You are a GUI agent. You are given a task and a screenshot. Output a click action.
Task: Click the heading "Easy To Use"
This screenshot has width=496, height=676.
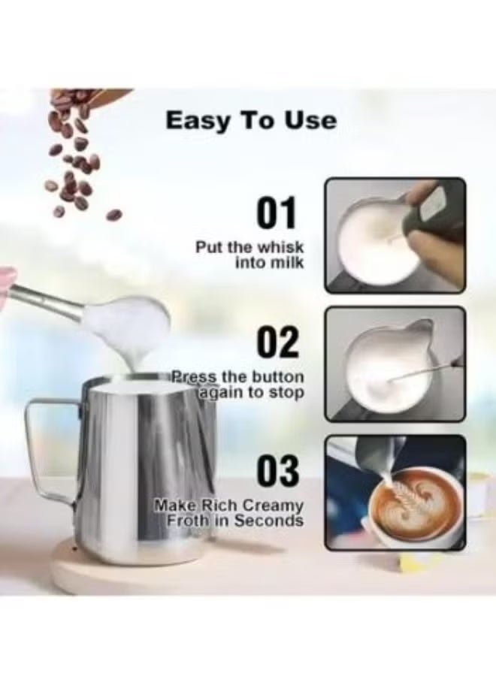coord(251,120)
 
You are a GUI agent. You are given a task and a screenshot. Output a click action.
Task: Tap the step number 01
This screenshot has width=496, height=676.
coord(277,213)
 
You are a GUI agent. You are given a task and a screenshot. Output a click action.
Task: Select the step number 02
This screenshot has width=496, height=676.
coord(278,342)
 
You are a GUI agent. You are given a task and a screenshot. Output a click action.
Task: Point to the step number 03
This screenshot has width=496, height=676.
coord(278,470)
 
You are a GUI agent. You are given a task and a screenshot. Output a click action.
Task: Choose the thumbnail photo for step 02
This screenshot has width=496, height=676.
coord(395,364)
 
